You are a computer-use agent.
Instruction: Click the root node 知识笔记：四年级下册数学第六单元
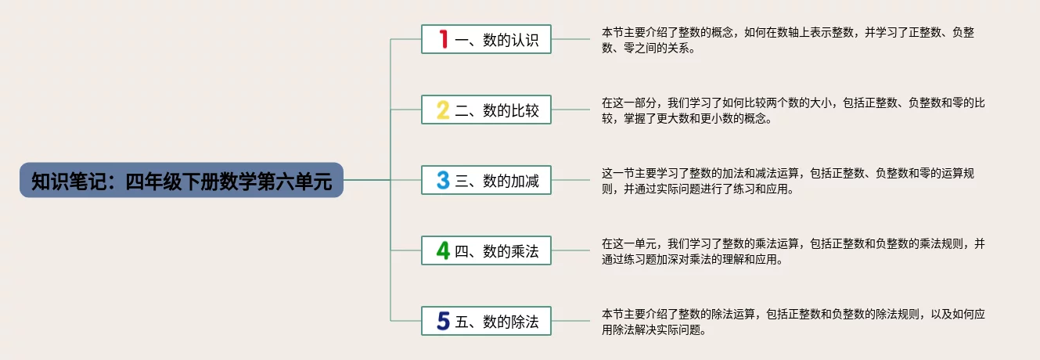(x=182, y=181)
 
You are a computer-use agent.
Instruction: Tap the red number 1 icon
(x=443, y=39)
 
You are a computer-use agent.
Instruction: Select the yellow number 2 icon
(x=443, y=110)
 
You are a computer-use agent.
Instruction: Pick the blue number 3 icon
(x=443, y=181)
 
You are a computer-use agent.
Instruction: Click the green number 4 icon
(x=443, y=251)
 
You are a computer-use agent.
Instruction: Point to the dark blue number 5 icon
(x=443, y=322)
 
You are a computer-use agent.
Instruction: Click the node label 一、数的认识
(x=497, y=40)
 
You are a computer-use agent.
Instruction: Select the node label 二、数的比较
(x=497, y=110)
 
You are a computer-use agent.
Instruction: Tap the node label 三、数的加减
(x=497, y=181)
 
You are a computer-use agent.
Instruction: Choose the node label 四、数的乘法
(x=497, y=251)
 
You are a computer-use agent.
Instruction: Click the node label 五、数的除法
(x=497, y=322)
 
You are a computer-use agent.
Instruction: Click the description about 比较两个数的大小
(x=790, y=110)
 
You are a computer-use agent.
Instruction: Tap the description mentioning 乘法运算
(x=790, y=251)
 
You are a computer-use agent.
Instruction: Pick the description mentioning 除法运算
(x=790, y=322)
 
